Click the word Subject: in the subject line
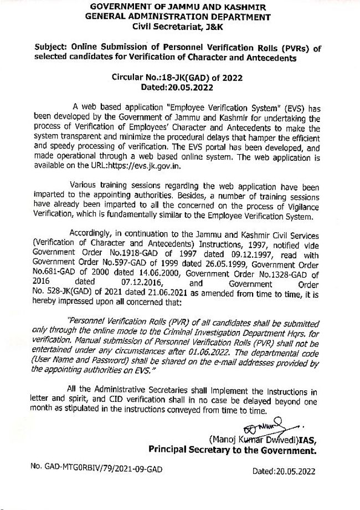click(52, 48)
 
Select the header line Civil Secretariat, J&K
click(179, 26)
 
